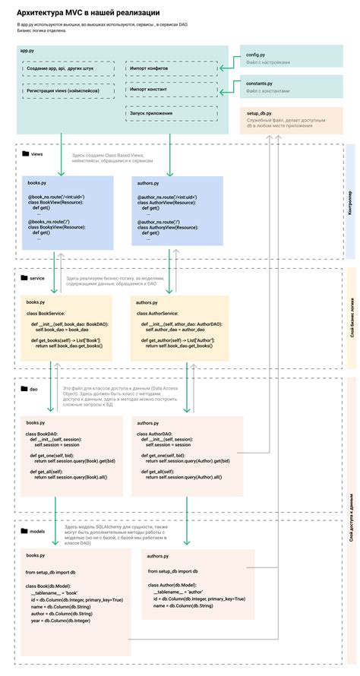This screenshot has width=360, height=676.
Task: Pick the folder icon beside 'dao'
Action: pyautogui.click(x=24, y=388)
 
